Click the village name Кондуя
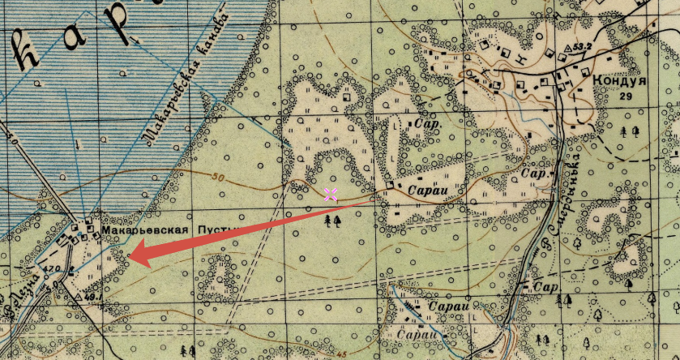click(x=619, y=81)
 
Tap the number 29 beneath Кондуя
click(x=624, y=96)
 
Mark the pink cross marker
click(x=331, y=194)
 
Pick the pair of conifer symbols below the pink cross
click(x=332, y=220)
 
